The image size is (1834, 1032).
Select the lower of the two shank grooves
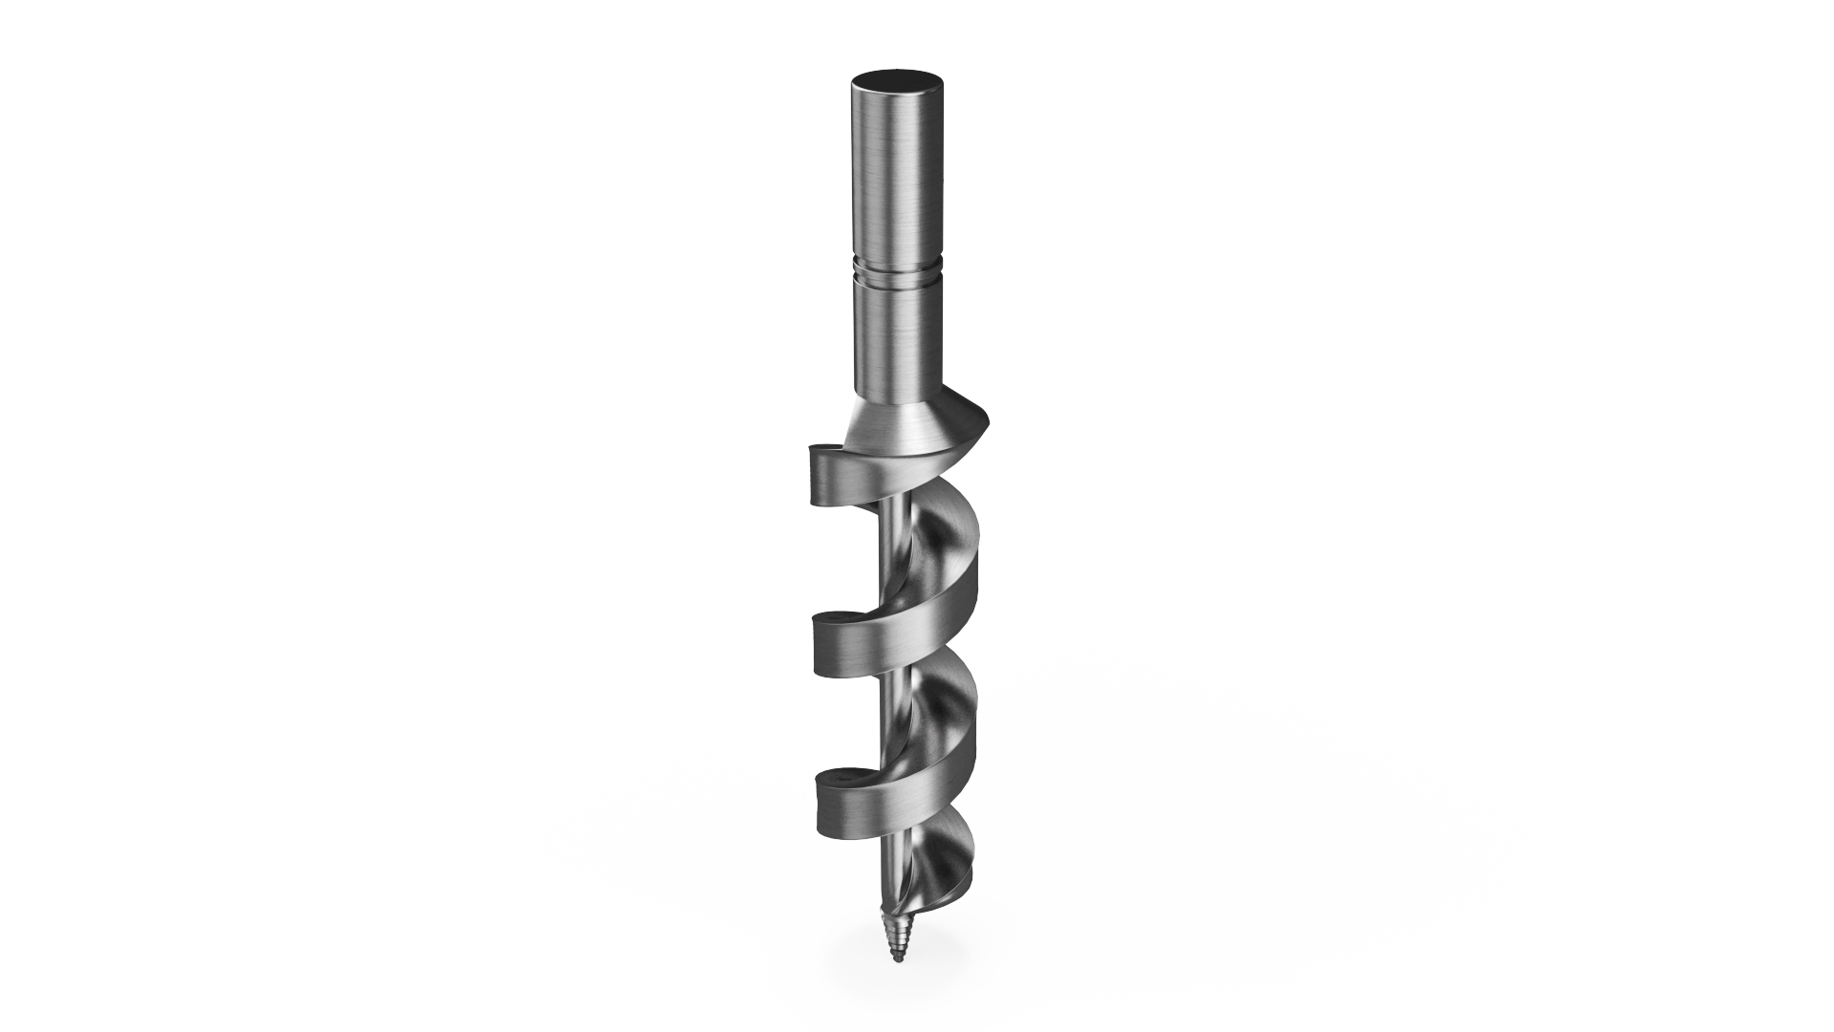pos(895,280)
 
